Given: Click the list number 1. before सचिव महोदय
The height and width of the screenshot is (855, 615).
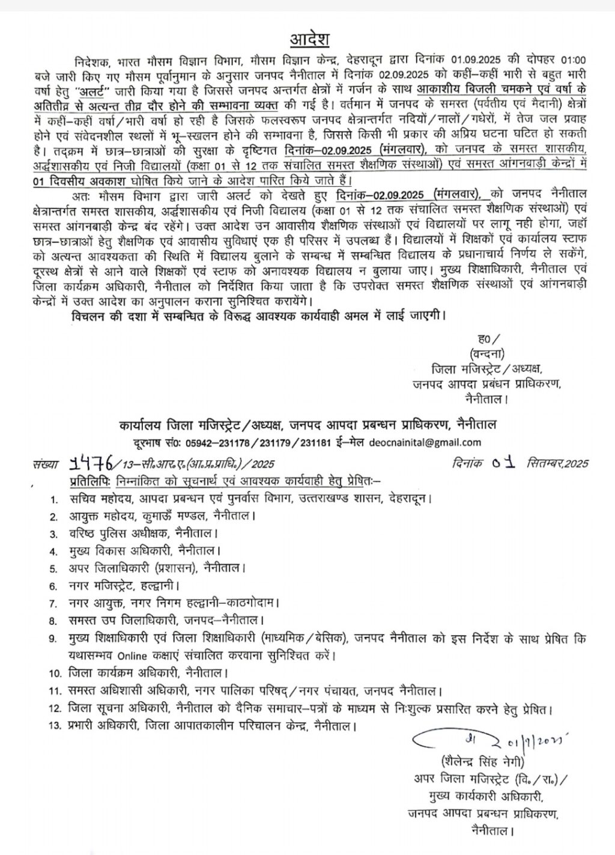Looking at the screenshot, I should coord(54,499).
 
